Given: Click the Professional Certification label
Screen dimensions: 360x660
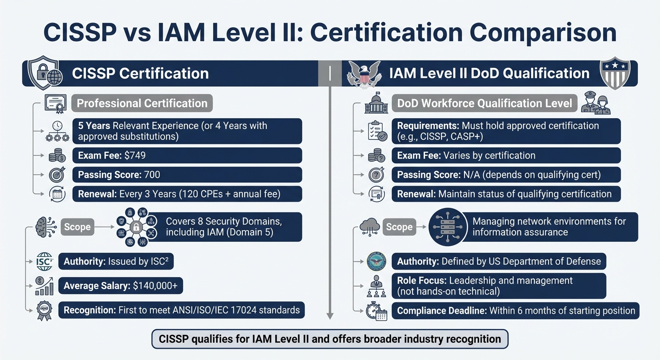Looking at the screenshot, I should (142, 103).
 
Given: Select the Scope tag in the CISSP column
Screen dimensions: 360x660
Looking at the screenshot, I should (77, 227).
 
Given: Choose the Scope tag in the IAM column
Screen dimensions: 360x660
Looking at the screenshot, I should (399, 227).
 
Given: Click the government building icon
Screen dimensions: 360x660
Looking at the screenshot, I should (377, 104).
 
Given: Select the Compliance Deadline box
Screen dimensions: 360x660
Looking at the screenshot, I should (516, 310).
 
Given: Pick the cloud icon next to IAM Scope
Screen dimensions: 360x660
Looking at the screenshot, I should (369, 227).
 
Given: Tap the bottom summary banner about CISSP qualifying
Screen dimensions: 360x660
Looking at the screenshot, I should (330, 338).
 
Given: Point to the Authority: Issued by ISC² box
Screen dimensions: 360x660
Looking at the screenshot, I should (116, 261).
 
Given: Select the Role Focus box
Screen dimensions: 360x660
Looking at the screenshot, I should (499, 286).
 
